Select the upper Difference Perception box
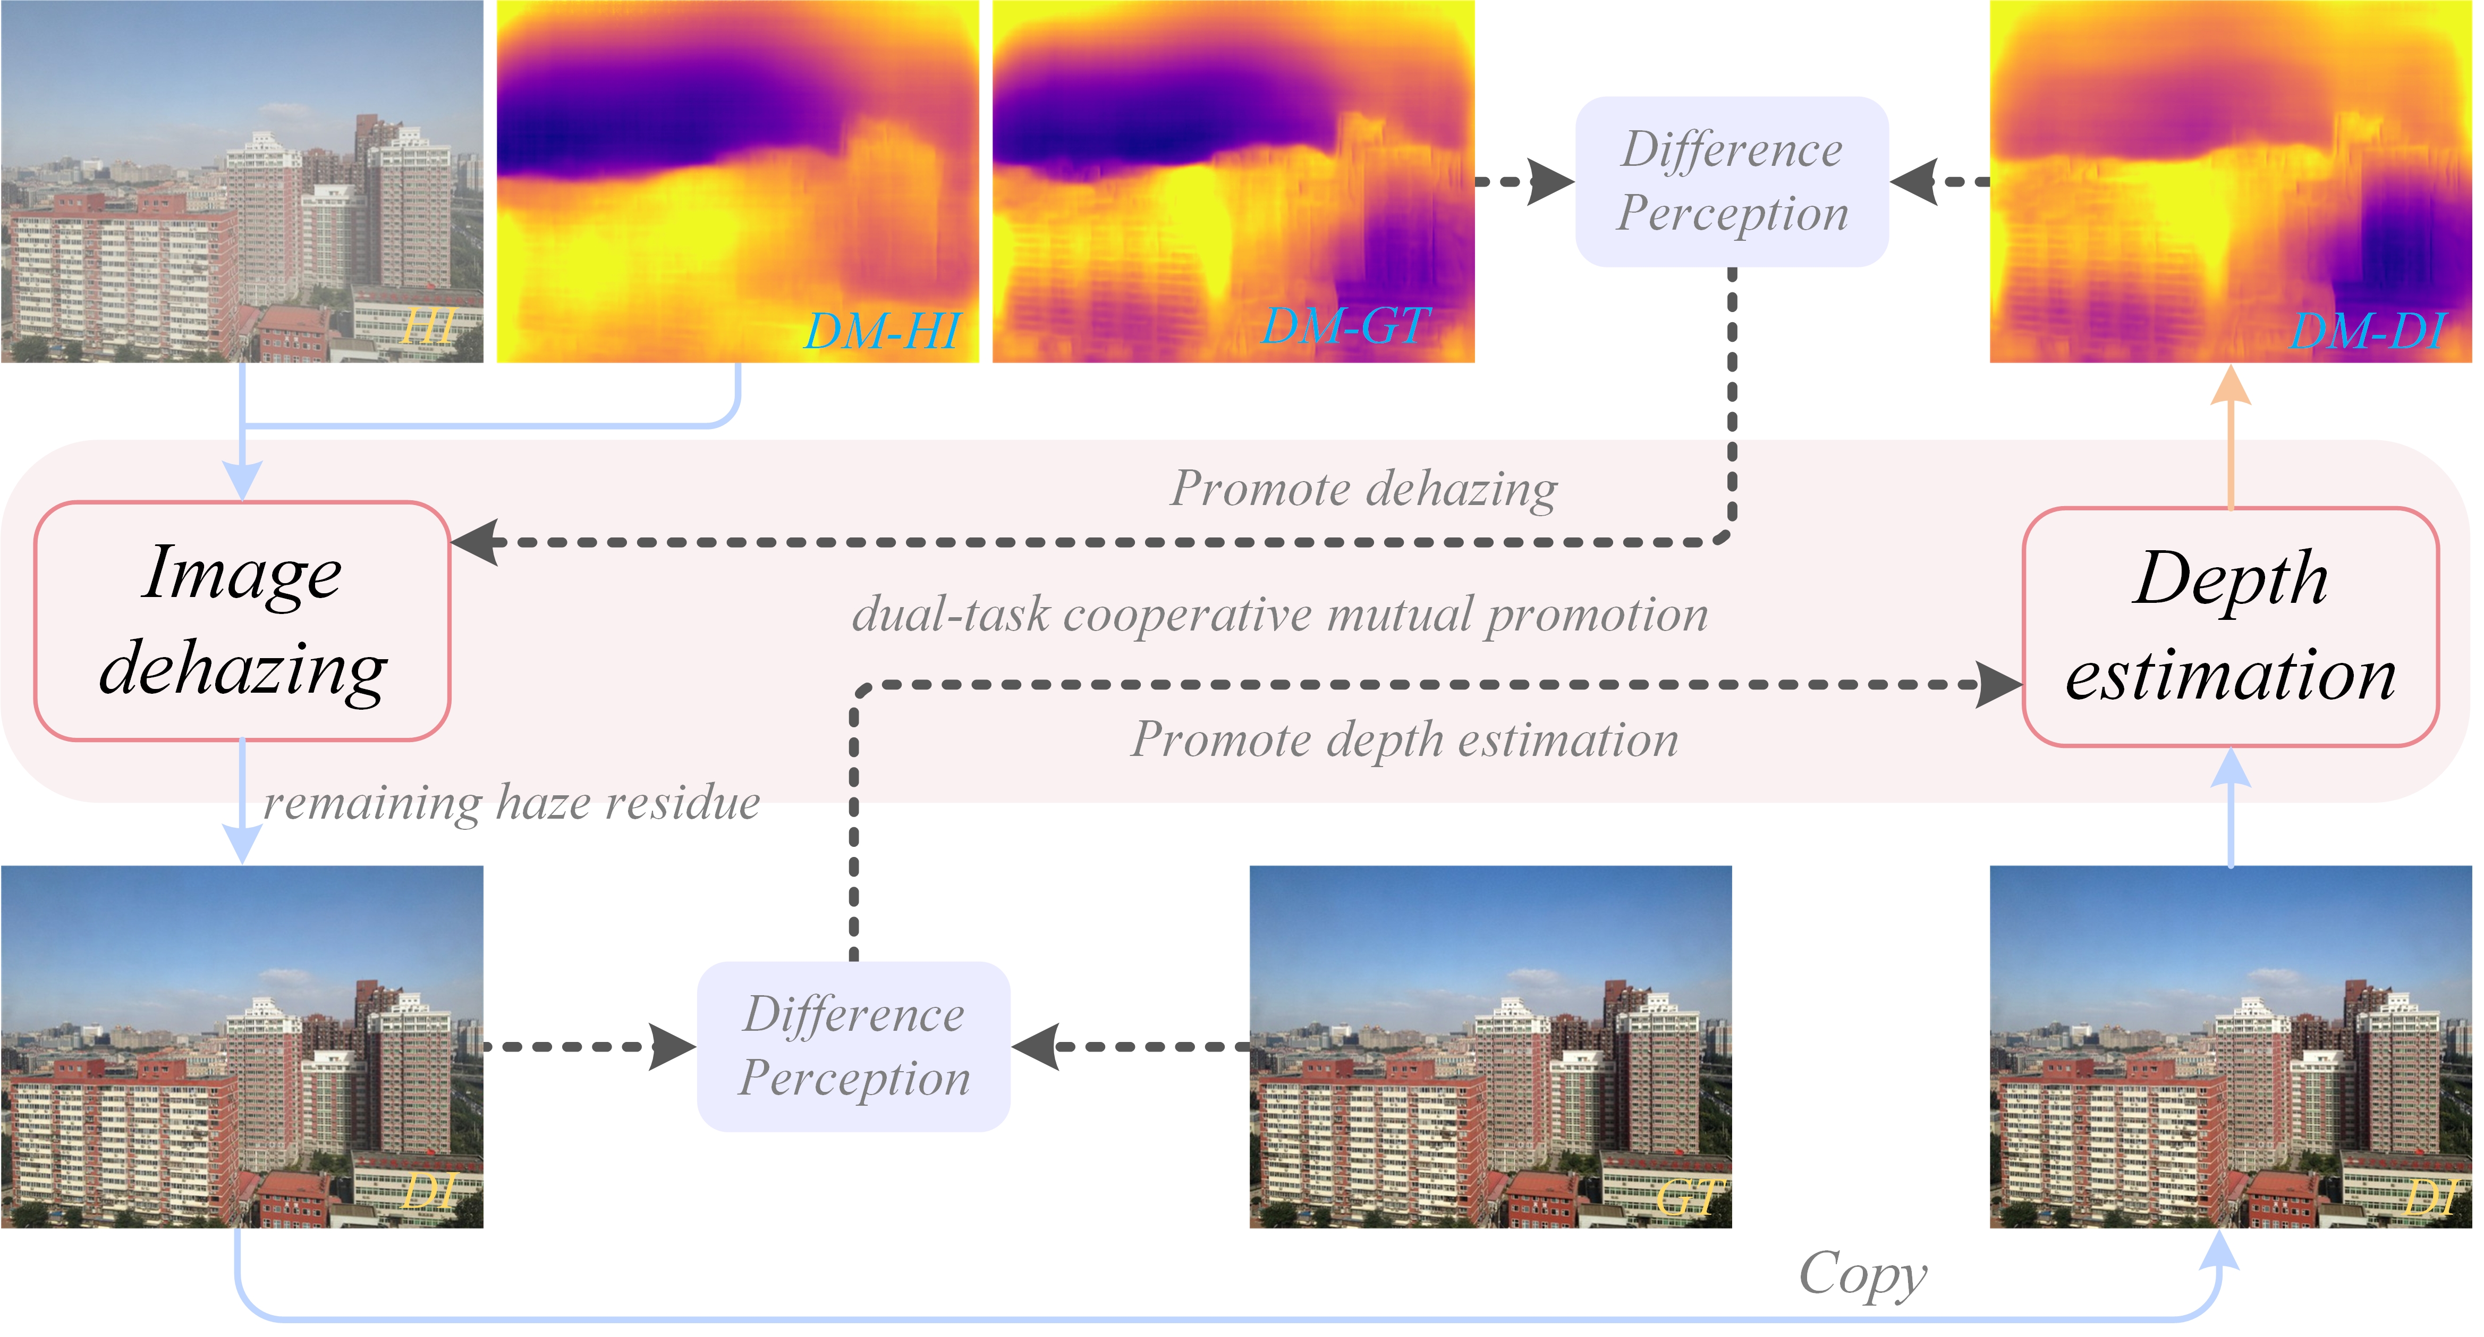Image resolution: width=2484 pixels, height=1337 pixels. pos(1732,181)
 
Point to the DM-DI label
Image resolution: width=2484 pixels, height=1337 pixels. pos(2367,331)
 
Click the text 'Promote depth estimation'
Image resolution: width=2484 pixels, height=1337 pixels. pos(1404,740)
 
